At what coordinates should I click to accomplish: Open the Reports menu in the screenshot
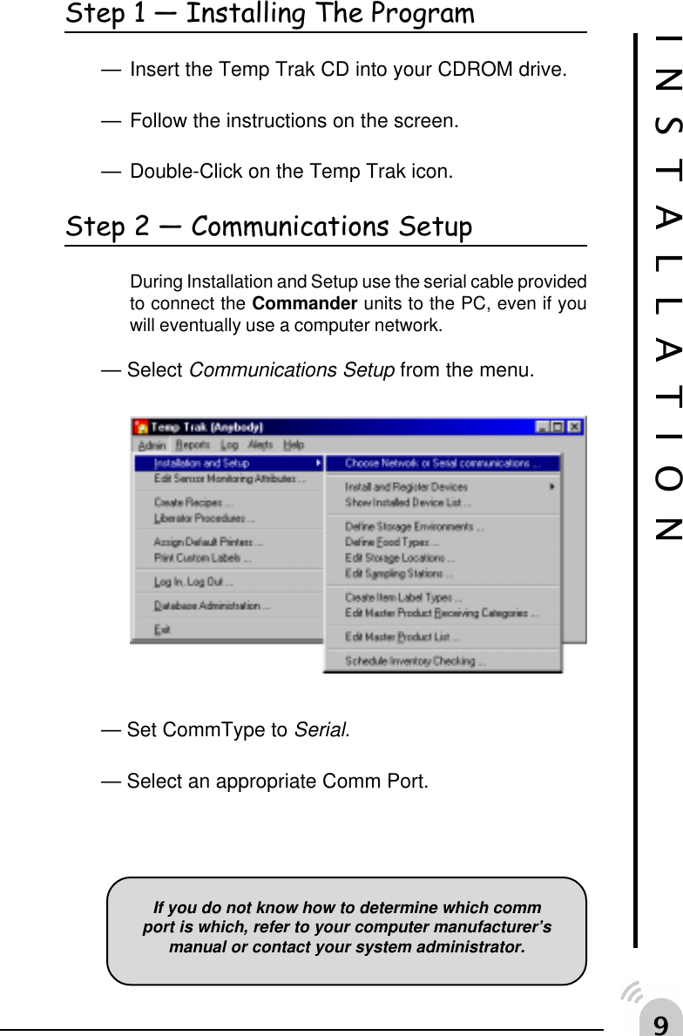(x=193, y=444)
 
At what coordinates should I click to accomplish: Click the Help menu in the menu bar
(x=294, y=444)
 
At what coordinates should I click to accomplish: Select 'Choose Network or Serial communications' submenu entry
(x=442, y=464)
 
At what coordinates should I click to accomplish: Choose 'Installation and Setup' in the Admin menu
(x=201, y=464)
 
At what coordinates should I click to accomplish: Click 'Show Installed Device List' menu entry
(x=408, y=502)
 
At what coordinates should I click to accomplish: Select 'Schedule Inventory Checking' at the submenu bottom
(x=415, y=661)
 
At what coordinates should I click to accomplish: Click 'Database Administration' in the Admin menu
(x=212, y=606)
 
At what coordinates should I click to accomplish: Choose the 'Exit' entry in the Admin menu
(x=162, y=629)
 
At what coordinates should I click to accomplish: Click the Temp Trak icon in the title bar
(x=141, y=427)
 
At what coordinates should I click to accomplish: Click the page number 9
(x=661, y=1023)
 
